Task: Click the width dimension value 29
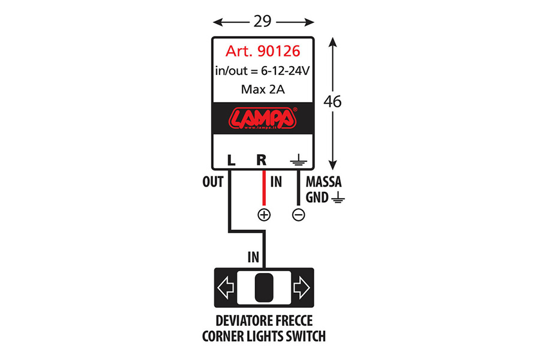point(262,22)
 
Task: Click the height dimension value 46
point(332,101)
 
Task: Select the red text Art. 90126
point(263,51)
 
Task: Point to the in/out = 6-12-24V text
point(262,71)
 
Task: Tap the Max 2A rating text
point(263,89)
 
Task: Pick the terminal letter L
point(232,160)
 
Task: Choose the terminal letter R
point(262,160)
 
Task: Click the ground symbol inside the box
point(298,160)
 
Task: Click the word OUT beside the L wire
point(213,182)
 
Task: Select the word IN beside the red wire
point(276,182)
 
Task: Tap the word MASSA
point(324,182)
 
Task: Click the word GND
point(317,198)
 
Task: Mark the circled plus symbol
point(264,215)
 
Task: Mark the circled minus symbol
point(298,215)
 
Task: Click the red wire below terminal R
point(264,188)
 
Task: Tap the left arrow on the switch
point(226,287)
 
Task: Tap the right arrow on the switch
point(302,287)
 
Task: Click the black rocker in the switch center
point(264,287)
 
